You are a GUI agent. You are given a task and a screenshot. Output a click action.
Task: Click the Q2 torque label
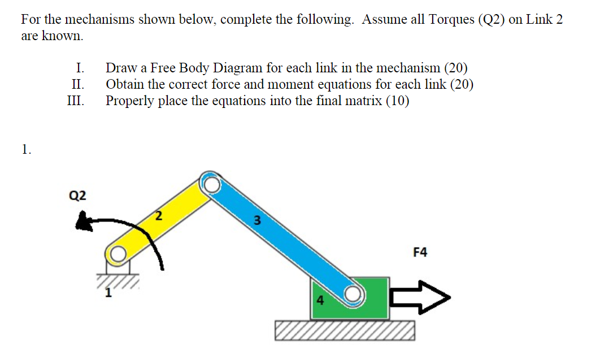click(77, 196)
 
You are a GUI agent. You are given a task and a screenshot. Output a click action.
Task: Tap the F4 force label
click(420, 252)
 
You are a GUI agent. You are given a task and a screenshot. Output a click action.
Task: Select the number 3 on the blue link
click(256, 221)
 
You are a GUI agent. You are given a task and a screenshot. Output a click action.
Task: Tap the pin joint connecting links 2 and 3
click(211, 184)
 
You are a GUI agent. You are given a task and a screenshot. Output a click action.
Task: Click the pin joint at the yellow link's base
click(117, 255)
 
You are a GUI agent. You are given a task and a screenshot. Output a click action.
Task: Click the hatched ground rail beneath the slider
click(345, 331)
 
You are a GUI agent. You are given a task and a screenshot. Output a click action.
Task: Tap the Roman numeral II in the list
click(78, 85)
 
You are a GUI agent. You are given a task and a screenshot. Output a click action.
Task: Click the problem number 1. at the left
click(26, 149)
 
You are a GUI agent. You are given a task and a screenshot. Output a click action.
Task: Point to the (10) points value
click(398, 101)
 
